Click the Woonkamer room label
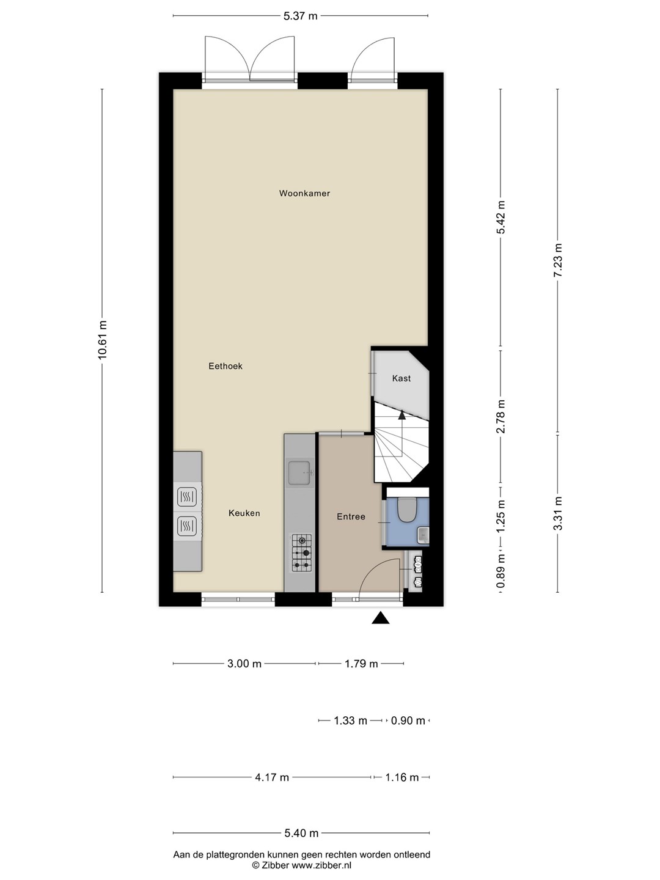304,193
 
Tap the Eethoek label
226,366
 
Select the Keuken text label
244,513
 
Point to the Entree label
351,517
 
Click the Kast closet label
401,378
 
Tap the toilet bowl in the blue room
406,510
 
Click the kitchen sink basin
299,473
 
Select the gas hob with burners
302,553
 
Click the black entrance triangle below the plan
380,618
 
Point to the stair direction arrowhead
402,415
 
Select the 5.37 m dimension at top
301,16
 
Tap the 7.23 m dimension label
558,260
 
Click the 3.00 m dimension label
244,664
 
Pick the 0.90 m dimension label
408,721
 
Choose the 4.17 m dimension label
272,777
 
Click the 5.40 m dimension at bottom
301,834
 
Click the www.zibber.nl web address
321,865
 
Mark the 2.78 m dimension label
501,417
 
